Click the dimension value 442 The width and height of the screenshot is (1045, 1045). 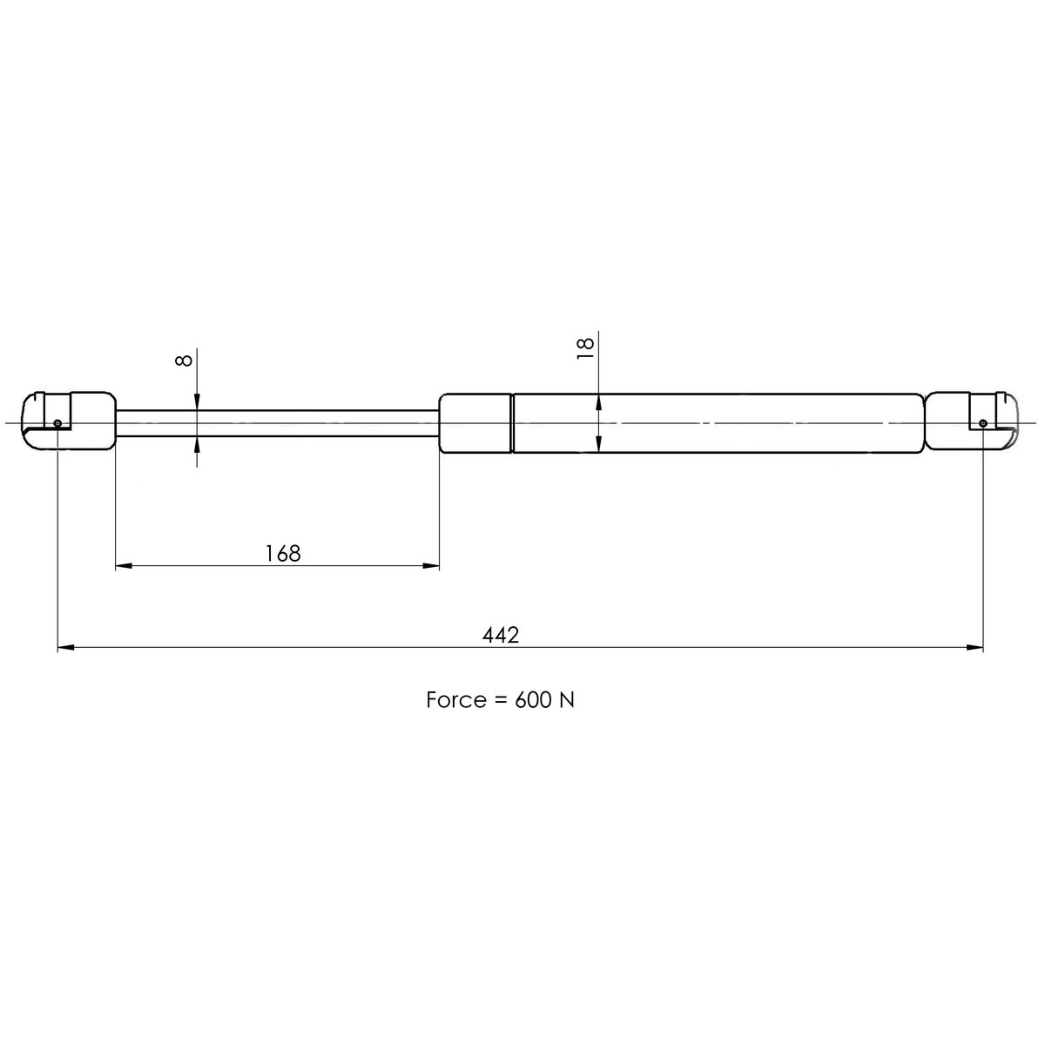click(501, 635)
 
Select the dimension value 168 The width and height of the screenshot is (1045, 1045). click(282, 553)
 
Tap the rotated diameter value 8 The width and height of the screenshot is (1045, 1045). click(184, 360)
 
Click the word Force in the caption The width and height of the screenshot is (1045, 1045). click(455, 700)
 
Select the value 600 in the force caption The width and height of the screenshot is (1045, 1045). click(532, 700)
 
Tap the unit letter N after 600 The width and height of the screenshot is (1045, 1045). click(566, 700)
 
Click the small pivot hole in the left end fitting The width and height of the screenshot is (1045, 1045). click(57, 423)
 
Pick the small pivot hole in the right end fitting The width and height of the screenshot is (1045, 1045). click(982, 423)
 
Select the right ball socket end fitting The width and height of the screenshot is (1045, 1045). click(970, 422)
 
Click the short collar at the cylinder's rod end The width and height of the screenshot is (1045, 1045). click(475, 423)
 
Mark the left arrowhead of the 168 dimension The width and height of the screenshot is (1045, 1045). click(125, 566)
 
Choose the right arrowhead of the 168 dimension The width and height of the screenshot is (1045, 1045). click(430, 566)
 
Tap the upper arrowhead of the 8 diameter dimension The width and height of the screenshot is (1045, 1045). click(199, 401)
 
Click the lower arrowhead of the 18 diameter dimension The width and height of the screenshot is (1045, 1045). click(599, 444)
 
